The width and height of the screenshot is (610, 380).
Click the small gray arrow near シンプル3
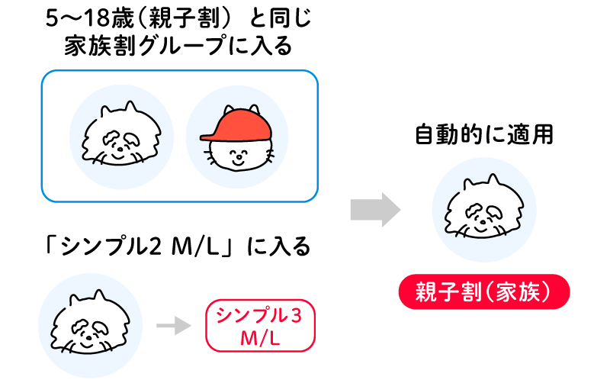coord(172,327)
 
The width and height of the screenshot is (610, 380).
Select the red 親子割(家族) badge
coord(484,292)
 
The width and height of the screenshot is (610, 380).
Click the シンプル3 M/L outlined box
coord(259,326)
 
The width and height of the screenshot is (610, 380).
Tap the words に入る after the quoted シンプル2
coord(279,249)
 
